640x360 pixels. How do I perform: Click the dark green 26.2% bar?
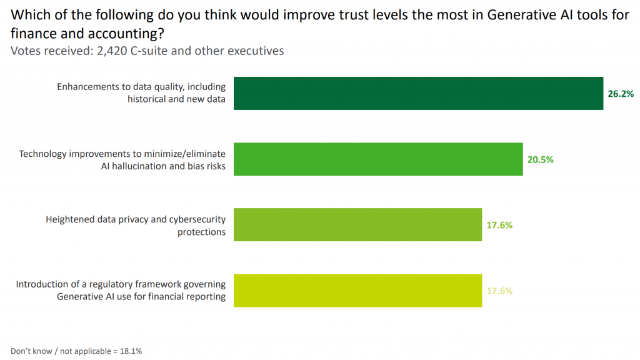coord(418,93)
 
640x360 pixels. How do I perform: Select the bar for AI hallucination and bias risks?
coord(378,159)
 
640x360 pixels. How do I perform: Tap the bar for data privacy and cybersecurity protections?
coord(357,225)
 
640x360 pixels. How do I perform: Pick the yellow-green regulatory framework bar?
coord(357,291)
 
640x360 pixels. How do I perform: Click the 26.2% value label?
coord(621,94)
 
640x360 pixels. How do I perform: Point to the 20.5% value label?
coord(541,159)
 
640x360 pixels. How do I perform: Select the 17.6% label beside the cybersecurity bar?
coord(500,225)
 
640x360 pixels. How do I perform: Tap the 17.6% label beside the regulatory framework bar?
coord(500,291)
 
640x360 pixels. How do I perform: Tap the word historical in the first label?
coord(147,99)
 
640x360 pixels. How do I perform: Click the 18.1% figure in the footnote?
coord(131,351)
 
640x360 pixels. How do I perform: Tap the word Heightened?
coord(70,219)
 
